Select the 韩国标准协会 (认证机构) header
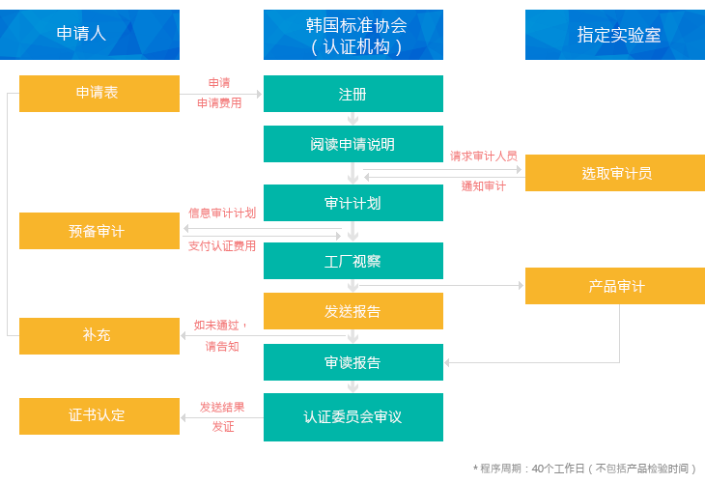tap(353, 35)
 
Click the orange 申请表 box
tap(99, 94)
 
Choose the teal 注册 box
tap(353, 94)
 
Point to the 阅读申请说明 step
tap(353, 144)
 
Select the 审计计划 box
tap(353, 203)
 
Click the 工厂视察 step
tap(353, 261)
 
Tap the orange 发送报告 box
tap(353, 311)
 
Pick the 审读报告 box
tap(353, 362)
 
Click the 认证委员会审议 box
tap(353, 417)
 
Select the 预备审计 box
tap(99, 231)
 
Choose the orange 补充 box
tap(99, 335)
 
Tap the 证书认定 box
tap(99, 415)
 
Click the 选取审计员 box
tap(615, 173)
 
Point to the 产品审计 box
tap(615, 286)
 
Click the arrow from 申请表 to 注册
tap(221, 95)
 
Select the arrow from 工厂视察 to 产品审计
tap(483, 285)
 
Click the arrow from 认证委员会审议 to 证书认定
tap(221, 418)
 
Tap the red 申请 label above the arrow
tap(219, 83)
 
